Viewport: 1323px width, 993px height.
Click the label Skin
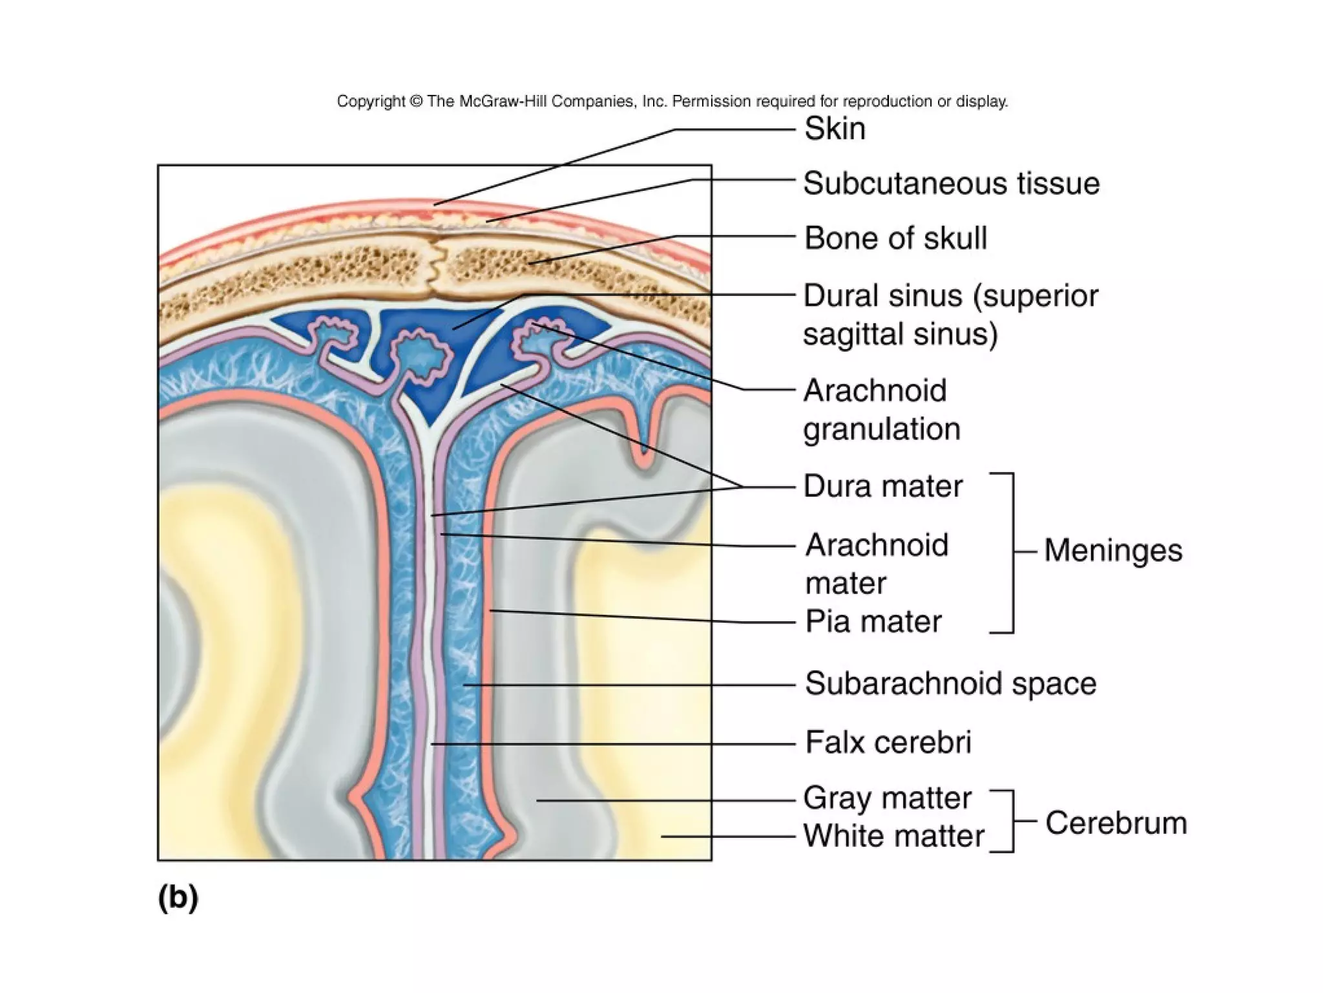835,129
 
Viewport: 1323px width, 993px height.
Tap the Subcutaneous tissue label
951,184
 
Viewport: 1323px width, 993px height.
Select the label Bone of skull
895,239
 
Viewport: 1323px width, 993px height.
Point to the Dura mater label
882,486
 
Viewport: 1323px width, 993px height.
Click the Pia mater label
873,622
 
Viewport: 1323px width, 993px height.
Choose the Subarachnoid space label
950,683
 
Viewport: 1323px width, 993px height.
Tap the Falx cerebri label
888,742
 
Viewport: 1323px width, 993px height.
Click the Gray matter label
887,798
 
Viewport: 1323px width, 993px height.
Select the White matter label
893,836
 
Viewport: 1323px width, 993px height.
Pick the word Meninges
1113,551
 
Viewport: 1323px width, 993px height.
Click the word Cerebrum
1116,823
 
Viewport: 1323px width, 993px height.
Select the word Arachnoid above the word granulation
875,390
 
